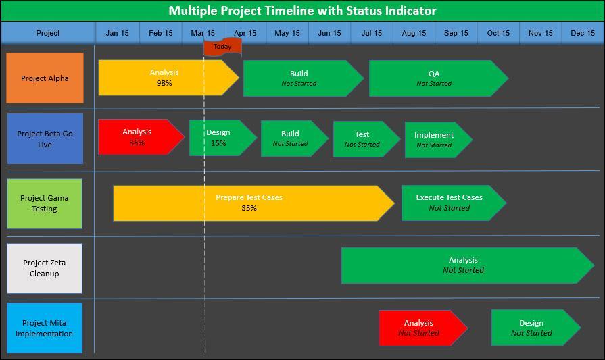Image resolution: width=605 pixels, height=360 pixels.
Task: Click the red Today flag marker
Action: click(x=222, y=47)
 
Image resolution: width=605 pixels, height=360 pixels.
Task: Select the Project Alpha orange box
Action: click(x=45, y=78)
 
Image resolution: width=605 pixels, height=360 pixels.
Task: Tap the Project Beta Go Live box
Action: click(x=45, y=139)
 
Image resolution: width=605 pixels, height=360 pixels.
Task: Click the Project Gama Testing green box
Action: click(x=45, y=203)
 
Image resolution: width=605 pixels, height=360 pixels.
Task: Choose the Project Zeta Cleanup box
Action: click(x=45, y=268)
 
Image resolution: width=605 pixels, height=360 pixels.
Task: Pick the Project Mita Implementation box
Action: click(x=45, y=328)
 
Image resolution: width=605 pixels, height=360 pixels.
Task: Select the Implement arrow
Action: click(x=435, y=140)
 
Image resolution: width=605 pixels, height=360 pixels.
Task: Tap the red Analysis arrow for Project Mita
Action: click(x=420, y=328)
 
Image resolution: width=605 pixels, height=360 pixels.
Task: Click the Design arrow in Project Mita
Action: click(x=533, y=328)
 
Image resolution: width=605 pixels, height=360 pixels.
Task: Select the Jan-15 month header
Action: click(x=117, y=33)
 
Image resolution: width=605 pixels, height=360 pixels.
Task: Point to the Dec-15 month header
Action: click(x=582, y=33)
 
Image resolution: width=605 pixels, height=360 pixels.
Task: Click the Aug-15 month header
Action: click(x=414, y=33)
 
